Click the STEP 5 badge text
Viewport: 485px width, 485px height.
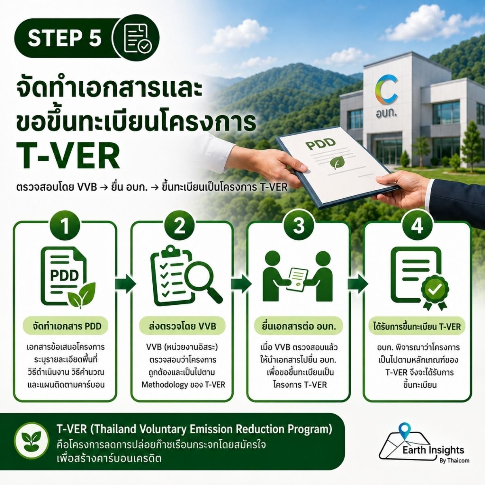coord(65,38)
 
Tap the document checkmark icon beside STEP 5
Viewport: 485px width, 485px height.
coord(137,38)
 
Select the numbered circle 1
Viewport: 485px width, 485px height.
coord(65,226)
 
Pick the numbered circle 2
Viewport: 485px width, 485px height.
coord(179,226)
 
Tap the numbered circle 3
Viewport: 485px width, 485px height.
coord(299,226)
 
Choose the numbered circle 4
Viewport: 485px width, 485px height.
coord(417,226)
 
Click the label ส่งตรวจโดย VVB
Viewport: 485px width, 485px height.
coord(182,327)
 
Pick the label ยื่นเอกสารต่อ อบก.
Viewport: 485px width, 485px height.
coord(299,327)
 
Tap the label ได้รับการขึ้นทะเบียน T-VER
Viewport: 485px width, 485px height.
coord(417,327)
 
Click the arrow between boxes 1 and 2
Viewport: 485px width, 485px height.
coord(125,284)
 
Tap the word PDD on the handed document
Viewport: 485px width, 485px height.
coord(320,143)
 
